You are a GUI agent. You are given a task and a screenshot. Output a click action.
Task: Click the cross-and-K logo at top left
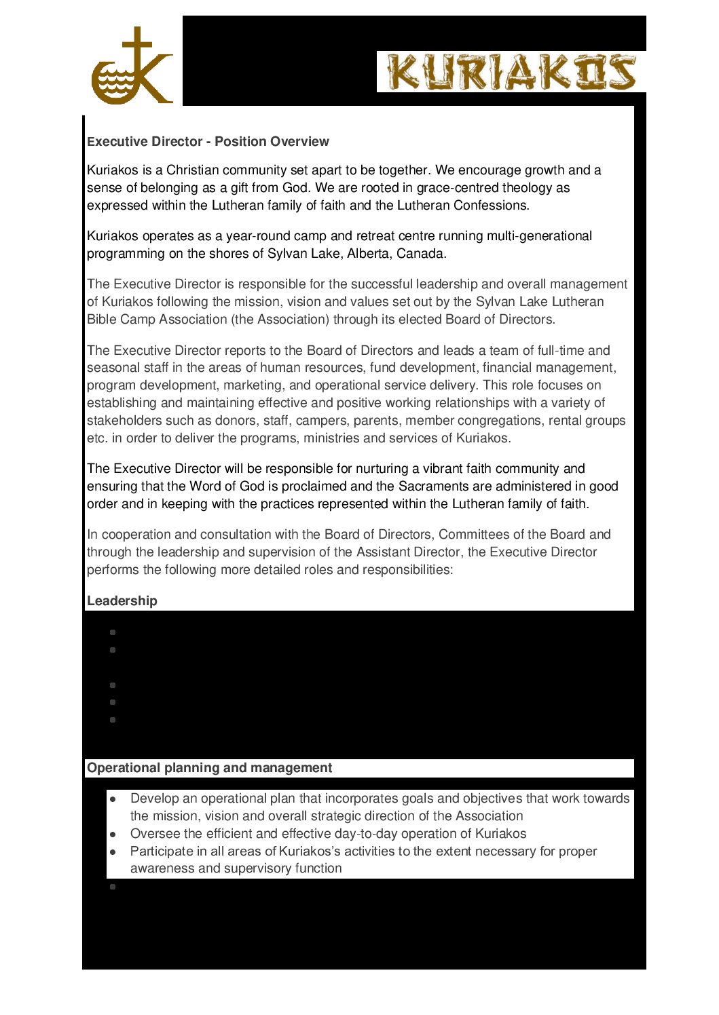pos(132,66)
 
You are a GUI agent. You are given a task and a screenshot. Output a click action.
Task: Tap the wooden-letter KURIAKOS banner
pos(511,72)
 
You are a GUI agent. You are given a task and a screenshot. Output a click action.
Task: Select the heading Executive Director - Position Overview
pos(208,142)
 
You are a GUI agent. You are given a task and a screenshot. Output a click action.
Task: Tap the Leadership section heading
pos(122,601)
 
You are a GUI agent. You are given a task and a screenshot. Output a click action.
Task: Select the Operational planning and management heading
pos(209,768)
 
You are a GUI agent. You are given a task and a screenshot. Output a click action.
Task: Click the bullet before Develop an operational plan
pos(113,799)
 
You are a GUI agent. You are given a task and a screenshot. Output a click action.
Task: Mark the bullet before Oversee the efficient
pos(113,835)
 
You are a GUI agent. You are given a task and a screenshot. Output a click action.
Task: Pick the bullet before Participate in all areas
pos(113,852)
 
